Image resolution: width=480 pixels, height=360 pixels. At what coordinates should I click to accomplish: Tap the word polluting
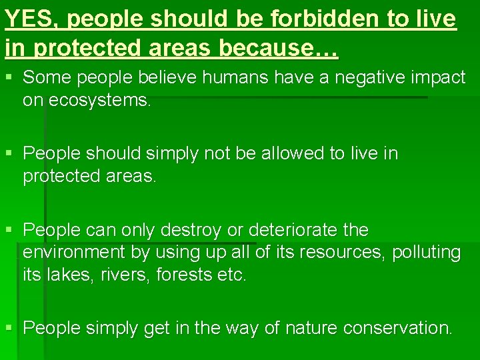point(427,253)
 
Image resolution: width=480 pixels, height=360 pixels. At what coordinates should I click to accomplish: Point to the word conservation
point(400,329)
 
